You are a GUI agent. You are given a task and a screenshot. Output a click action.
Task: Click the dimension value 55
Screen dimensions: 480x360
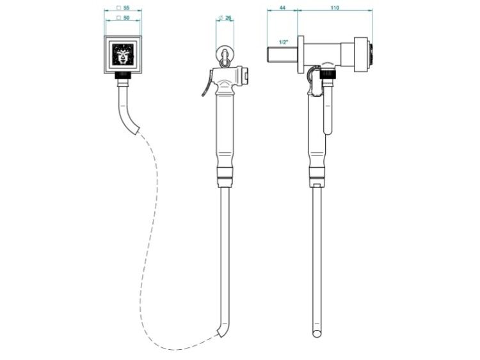[126, 8]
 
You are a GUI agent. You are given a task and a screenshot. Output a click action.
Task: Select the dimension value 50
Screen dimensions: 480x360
[126, 18]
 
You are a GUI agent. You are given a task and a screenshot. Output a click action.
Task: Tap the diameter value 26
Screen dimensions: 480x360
[228, 18]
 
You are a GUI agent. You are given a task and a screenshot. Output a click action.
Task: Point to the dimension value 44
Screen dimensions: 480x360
[282, 8]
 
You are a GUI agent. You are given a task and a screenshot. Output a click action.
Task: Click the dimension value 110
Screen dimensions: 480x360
[335, 8]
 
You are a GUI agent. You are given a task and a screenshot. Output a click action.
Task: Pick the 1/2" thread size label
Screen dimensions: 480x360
[284, 42]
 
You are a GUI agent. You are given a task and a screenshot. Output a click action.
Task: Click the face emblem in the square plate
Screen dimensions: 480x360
[123, 54]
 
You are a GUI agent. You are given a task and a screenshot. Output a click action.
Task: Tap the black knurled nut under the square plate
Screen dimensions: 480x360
[123, 75]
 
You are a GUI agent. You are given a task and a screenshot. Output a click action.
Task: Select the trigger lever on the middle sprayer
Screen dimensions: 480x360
[207, 82]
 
